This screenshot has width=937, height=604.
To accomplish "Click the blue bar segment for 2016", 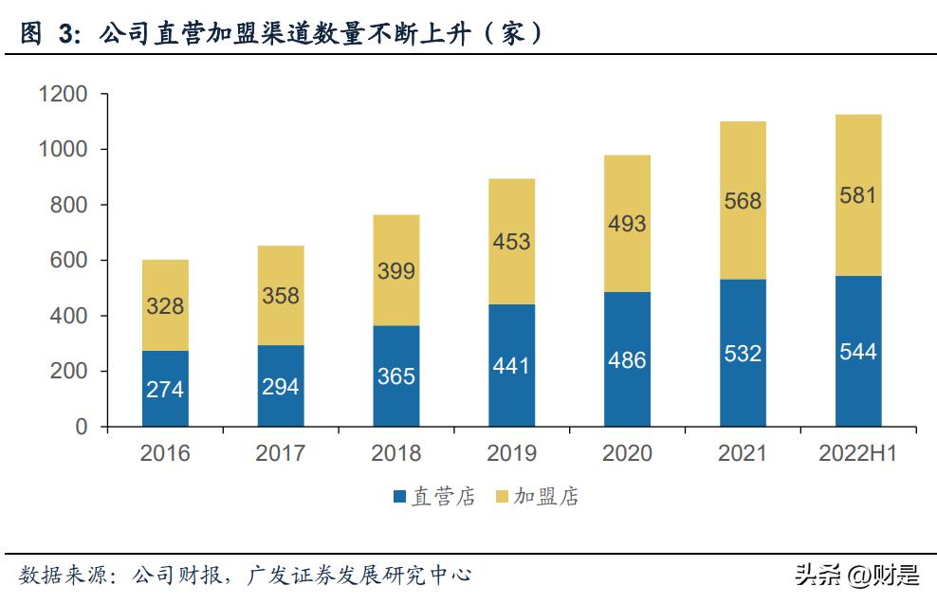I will click(x=165, y=389).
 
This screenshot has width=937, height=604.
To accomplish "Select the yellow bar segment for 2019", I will click(x=512, y=242).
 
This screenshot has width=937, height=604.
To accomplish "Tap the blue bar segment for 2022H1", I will click(x=858, y=351).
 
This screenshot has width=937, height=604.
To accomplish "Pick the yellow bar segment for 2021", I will click(x=743, y=200).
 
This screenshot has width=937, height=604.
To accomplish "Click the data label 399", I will click(x=395, y=271).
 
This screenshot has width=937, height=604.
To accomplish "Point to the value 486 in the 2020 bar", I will click(x=627, y=360).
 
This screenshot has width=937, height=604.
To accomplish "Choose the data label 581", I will click(x=858, y=195).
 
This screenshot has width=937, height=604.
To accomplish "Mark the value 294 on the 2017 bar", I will click(x=281, y=387).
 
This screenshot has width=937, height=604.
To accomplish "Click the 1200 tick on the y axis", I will click(x=63, y=95).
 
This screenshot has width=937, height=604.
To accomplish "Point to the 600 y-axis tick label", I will click(x=70, y=261).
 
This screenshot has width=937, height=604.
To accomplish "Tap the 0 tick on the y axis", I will click(x=81, y=427).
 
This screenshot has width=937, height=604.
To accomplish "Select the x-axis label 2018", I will click(x=395, y=453).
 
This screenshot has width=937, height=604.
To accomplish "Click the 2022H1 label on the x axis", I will click(x=857, y=453).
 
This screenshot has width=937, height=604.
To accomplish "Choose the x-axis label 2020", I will click(x=627, y=453).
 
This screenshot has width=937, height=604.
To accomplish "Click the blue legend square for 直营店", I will click(x=399, y=497).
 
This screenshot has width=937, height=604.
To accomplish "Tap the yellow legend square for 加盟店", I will click(x=503, y=497).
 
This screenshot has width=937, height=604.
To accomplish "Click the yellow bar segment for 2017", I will click(x=281, y=295).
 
